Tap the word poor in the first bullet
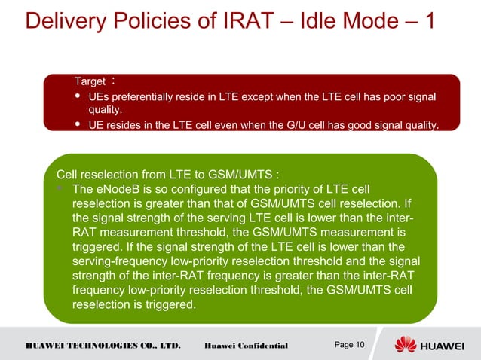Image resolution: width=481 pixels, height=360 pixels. (387, 97)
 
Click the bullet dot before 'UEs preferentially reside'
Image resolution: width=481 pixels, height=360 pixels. (78, 98)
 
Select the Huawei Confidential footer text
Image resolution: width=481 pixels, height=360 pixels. (246, 346)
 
